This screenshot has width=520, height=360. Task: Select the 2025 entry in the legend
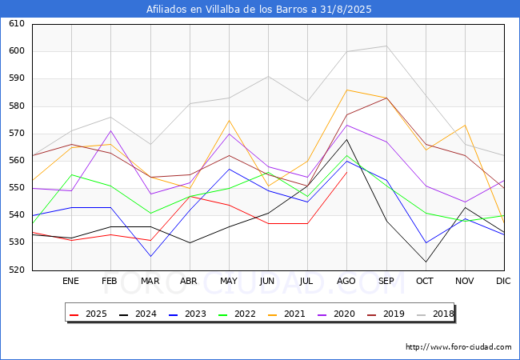88,314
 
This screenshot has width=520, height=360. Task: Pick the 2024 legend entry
138,314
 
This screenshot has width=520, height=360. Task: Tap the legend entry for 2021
286,314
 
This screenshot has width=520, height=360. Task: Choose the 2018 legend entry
435,314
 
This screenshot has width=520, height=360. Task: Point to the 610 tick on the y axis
17,23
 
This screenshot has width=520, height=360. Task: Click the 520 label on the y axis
17,270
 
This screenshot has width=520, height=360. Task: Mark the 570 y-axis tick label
17,134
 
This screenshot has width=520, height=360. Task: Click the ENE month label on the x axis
70,281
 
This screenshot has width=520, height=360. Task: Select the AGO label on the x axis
346,281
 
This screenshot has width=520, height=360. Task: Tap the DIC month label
503,281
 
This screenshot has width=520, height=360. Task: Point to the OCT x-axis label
425,281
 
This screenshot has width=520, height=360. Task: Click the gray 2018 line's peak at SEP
386,46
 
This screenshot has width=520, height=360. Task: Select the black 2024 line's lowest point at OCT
426,262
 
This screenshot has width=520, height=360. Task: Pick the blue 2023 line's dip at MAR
150,256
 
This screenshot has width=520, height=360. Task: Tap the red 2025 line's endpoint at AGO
347,172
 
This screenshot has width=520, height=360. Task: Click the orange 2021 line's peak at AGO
347,90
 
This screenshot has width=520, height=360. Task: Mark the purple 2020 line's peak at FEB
110,130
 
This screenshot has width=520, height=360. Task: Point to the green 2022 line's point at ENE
71,174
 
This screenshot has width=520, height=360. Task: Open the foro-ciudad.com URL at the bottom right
458,347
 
